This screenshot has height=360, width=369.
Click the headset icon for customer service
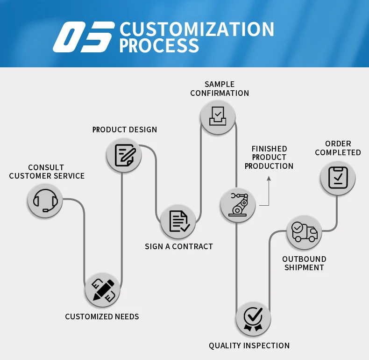tap(45, 201)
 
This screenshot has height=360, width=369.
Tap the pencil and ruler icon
tap(103, 290)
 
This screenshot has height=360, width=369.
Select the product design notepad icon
tap(124, 155)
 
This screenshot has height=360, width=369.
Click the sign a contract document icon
tap(178, 221)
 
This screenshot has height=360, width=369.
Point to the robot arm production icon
tap(238, 204)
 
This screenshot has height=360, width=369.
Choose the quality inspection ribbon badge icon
tap(253, 319)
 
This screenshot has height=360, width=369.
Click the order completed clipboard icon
tap(338, 178)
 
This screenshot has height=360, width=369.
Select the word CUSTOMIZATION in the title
tap(197, 29)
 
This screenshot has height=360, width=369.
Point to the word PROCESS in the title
tap(159, 46)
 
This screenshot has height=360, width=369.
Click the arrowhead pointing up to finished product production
tap(269, 178)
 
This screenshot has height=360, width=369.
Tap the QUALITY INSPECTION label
tap(249, 346)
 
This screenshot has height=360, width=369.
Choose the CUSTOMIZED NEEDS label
tap(102, 317)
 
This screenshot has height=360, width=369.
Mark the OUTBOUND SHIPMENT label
tap(304, 263)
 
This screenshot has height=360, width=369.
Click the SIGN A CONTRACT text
tap(178, 246)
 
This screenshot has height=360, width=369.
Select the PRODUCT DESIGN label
tap(124, 130)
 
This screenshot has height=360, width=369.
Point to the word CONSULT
tap(46, 167)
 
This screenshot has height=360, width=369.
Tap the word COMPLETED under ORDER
tap(338, 152)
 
